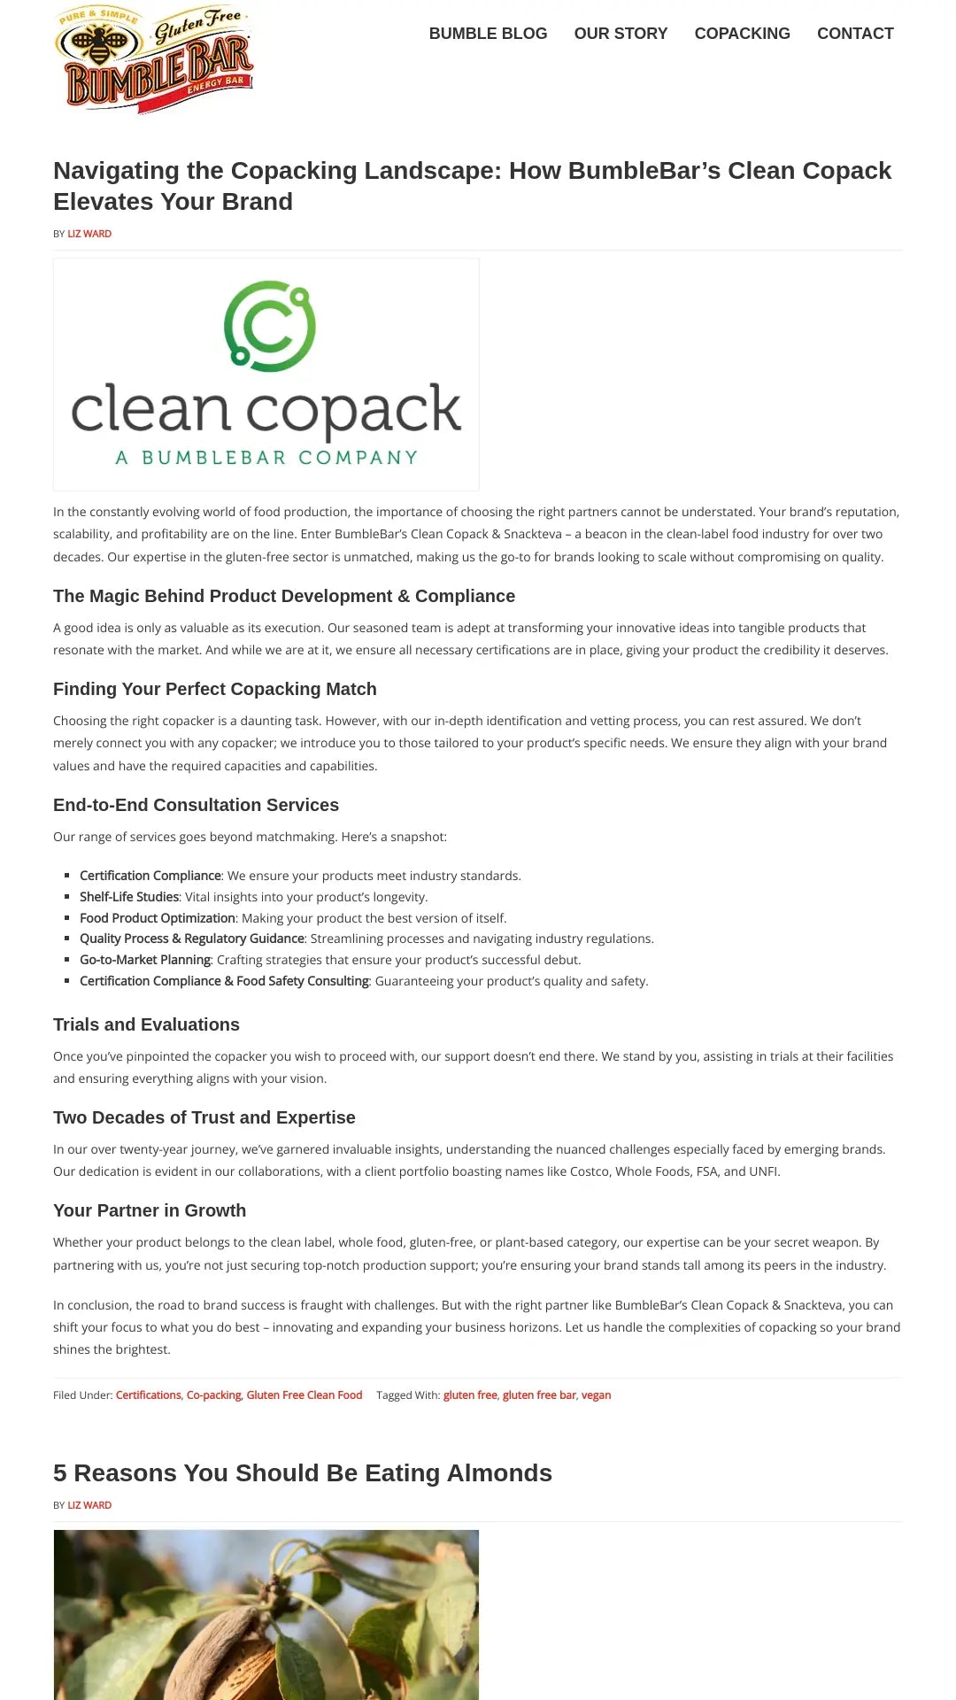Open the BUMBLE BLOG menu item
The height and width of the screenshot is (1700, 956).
(488, 34)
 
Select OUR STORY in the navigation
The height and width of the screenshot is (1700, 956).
(621, 34)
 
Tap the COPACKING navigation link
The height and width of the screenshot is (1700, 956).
(742, 34)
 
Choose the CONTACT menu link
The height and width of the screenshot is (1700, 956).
(854, 34)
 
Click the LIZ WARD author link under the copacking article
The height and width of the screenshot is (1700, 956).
(89, 234)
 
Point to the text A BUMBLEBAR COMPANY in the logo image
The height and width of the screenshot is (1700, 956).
(266, 458)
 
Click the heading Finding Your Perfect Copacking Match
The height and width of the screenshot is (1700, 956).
(215, 689)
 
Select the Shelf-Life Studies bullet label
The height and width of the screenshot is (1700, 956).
(129, 897)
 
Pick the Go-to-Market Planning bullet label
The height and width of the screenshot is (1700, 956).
(145, 960)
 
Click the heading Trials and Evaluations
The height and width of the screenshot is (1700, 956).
(146, 1024)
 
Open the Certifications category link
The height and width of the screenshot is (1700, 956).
(148, 1395)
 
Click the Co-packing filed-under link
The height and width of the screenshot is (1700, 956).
(213, 1395)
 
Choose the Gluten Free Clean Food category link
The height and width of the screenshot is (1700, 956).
(305, 1395)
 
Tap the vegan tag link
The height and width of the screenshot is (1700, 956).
(596, 1395)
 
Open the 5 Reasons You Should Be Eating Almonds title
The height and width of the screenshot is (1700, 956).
(302, 1473)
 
